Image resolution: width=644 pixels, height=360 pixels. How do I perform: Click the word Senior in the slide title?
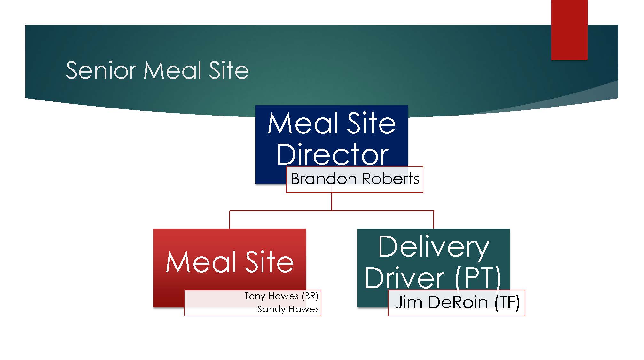101,70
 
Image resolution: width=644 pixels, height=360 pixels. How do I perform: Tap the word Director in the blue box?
332,155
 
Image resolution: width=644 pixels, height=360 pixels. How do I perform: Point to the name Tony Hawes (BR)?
281,296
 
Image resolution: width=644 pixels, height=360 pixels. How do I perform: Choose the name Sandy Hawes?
288,309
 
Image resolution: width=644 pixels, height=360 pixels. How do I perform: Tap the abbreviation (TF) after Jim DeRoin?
507,302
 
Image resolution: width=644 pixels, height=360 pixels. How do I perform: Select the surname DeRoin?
458,302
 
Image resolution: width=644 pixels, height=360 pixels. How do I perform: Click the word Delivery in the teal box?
434,247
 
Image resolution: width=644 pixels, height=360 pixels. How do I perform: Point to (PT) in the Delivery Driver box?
478,278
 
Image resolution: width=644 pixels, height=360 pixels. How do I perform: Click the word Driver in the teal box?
404,278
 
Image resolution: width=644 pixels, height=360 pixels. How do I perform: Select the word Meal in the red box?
201,262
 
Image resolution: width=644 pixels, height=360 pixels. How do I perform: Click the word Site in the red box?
269,262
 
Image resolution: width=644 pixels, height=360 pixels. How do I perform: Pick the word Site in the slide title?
229,70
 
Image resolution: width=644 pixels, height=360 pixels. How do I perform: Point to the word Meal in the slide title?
173,70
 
